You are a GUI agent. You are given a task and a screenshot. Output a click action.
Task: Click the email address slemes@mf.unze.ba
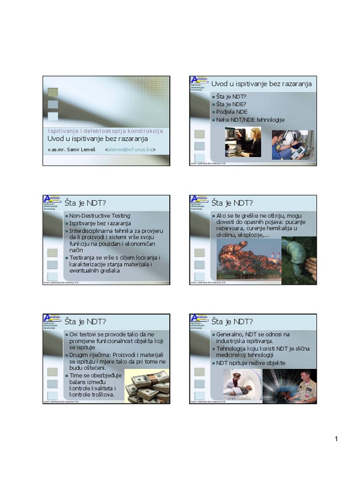point(131,150)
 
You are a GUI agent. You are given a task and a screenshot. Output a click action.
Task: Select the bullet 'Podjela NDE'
point(232,112)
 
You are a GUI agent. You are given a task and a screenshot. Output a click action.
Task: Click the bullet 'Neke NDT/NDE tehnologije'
point(250,120)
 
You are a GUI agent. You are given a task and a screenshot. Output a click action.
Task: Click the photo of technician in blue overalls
point(290,145)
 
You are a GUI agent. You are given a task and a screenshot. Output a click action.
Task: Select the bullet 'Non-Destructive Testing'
point(100,216)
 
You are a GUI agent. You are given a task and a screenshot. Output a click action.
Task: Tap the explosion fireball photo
point(248,259)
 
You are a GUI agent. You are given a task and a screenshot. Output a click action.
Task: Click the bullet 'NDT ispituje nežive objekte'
point(251,363)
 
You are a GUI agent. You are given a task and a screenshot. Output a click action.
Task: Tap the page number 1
point(336,439)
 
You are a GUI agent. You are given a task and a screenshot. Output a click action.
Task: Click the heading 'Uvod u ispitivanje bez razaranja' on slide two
point(261,83)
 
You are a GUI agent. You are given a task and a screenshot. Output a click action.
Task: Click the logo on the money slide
point(52,318)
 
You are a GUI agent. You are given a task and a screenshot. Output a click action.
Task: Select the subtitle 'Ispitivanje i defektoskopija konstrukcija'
point(105,131)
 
